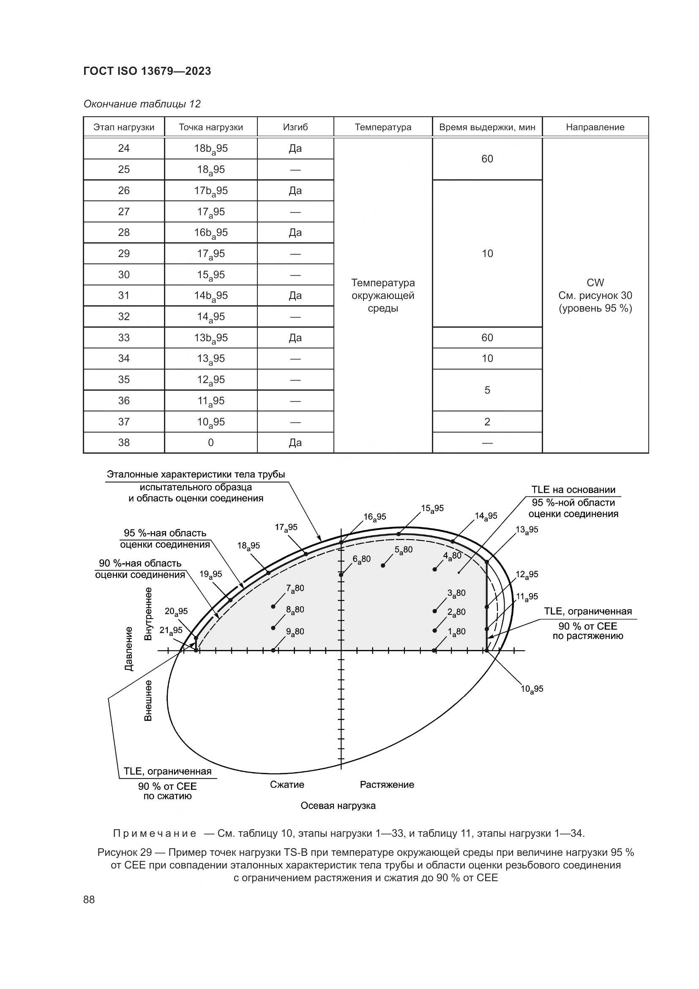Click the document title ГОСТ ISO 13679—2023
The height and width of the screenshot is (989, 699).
147,71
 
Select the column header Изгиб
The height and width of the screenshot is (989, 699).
295,127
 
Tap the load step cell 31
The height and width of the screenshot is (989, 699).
123,296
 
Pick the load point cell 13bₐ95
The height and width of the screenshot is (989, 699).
210,338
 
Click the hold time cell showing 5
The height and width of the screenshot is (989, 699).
487,390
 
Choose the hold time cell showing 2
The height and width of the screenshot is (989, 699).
487,422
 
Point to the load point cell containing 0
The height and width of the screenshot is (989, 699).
210,442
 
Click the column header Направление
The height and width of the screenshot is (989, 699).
595,127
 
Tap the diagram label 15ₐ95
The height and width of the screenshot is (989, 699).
432,509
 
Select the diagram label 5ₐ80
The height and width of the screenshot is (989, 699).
403,550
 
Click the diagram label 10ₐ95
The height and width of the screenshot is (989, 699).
532,689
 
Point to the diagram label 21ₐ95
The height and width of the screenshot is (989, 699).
171,630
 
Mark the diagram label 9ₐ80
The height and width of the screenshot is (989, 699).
295,632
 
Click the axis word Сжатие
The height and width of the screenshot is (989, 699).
287,784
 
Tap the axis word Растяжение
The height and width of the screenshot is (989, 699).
387,784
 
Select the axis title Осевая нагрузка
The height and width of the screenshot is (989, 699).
338,805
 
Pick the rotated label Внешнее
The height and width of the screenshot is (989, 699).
147,700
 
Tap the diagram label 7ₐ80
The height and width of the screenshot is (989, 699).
295,589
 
